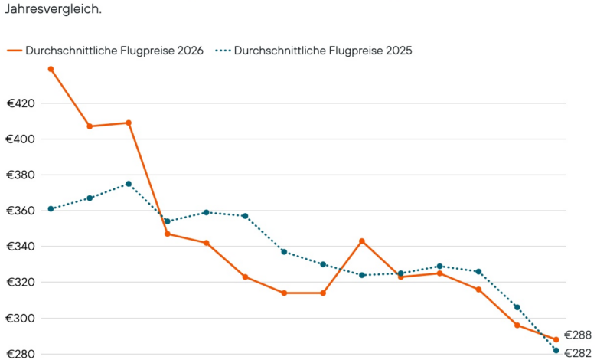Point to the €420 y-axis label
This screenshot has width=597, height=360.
click(21, 103)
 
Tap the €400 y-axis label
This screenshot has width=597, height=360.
click(21, 139)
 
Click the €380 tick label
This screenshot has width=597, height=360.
click(21, 175)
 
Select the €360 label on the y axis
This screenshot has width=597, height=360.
click(21, 211)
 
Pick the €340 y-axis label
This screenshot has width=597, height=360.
click(21, 247)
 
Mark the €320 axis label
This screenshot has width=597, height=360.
click(21, 283)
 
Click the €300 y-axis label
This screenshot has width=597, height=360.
click(21, 319)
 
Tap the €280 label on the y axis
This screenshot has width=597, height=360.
click(21, 354)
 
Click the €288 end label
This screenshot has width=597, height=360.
click(578, 335)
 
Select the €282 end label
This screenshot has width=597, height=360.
click(578, 353)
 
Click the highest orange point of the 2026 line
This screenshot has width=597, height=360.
click(51, 69)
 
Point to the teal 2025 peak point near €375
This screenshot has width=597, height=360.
click(129, 184)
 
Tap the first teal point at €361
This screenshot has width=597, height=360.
click(51, 208)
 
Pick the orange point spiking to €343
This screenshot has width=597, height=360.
click(362, 241)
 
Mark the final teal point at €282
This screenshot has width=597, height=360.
click(556, 351)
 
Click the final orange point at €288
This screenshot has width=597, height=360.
click(556, 339)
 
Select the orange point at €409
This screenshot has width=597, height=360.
click(129, 123)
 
